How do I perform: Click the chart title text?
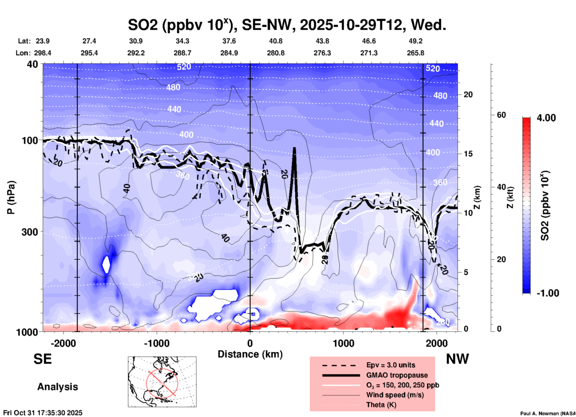coord(287,25)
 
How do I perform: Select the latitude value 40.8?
coord(275,41)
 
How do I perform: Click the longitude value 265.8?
coord(415,53)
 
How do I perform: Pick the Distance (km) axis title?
coord(250,354)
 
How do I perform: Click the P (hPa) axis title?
coord(11,197)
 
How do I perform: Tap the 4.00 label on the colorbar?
coord(546,118)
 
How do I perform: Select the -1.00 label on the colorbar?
coord(548,293)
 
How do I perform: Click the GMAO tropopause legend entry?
coord(397,375)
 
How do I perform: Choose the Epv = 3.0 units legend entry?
coord(391,365)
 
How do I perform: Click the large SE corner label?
coord(42,359)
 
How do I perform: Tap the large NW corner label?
coord(457,359)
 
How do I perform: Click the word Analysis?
coord(57,387)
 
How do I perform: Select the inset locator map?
coord(162,382)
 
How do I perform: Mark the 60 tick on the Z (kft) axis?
coord(501,115)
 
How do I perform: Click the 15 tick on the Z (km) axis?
coord(468,154)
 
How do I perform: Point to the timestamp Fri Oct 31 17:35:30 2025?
coord(43,413)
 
